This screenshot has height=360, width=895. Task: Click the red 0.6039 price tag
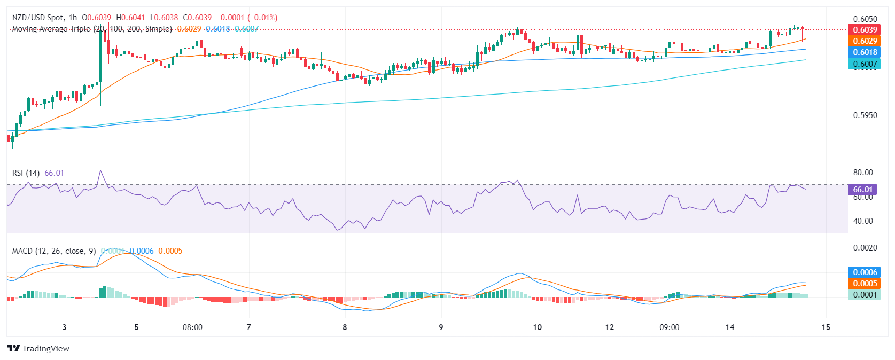864,30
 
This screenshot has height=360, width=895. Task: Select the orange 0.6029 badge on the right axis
864,41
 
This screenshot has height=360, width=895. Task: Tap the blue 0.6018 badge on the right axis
864,52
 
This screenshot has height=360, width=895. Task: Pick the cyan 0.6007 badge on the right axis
864,64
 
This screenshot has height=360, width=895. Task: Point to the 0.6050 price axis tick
865,19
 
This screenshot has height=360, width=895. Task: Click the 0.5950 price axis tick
865,115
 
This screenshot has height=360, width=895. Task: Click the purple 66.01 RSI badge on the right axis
862,190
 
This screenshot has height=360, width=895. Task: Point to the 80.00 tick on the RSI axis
863,173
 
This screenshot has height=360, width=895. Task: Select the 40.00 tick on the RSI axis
863,221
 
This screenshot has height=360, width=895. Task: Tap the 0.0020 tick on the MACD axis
865,248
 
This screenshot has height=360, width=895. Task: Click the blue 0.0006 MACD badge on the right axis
864,272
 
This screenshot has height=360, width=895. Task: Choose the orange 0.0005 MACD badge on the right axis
864,284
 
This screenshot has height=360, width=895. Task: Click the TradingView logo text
45,349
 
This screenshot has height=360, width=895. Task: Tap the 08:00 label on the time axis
192,327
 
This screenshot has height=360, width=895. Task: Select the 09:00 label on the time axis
669,327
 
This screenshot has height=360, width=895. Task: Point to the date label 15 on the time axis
826,327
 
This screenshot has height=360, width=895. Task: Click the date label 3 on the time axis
64,327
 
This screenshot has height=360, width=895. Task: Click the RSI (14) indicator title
26,173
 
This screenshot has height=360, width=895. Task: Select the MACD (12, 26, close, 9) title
54,251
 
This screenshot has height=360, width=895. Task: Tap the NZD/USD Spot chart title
37,18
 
